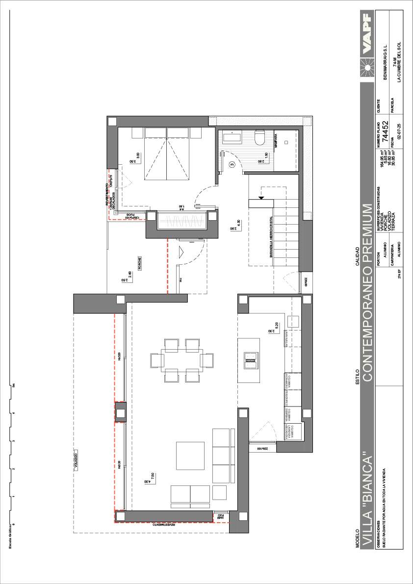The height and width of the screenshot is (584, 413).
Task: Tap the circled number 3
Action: coord(232,165)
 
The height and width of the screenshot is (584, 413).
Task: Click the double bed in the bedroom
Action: coord(167,152)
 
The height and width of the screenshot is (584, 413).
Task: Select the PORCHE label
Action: coord(140,263)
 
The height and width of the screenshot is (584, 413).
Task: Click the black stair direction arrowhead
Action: coord(261,198)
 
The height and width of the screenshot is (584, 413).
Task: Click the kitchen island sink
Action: coord(251,359)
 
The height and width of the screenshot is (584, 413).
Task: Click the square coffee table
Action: coord(190,456)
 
